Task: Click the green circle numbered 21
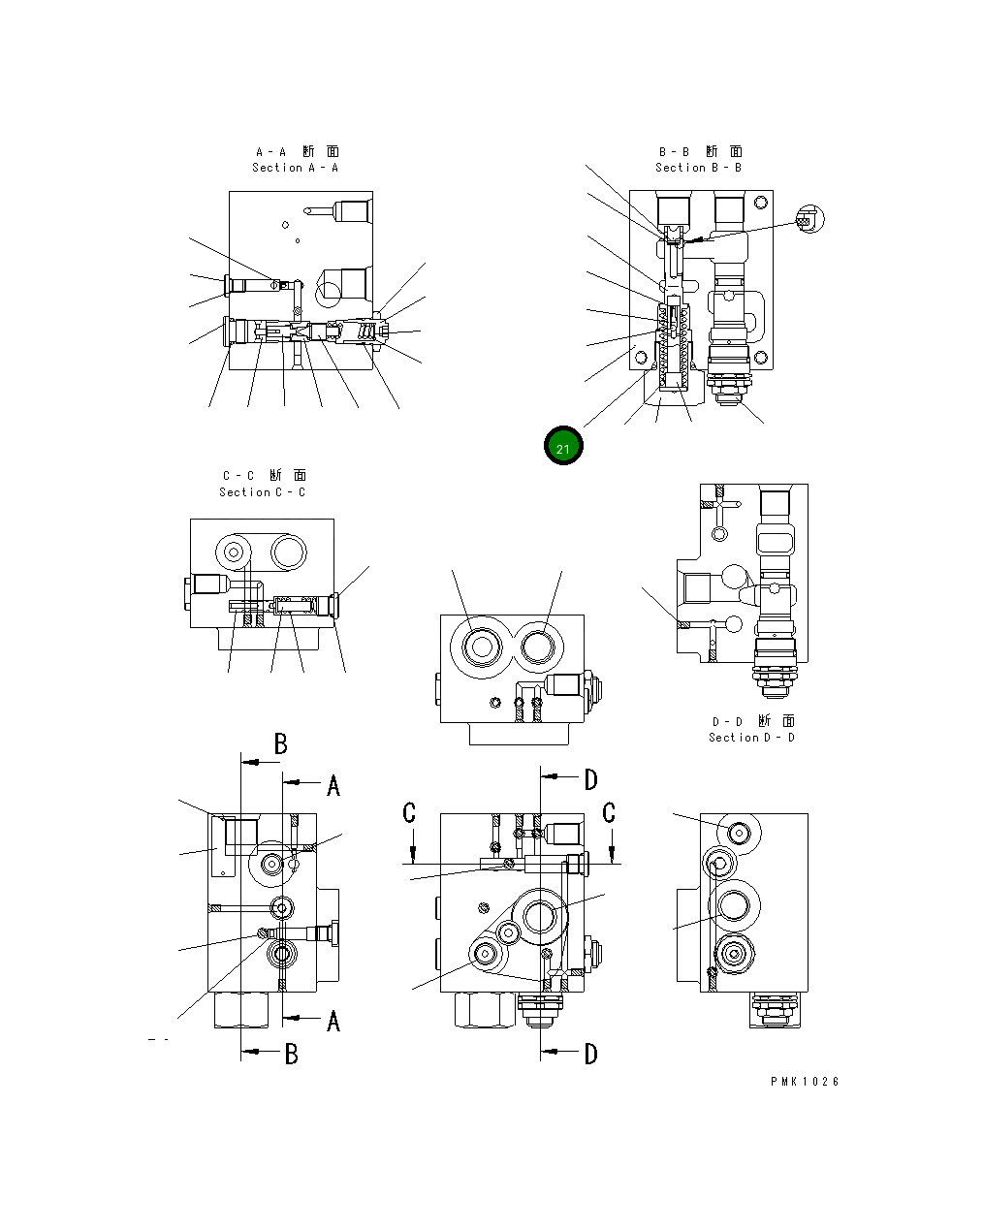[563, 447]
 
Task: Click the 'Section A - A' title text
[295, 168]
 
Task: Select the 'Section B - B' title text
[698, 168]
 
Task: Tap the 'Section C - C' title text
[262, 492]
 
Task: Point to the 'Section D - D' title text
[751, 738]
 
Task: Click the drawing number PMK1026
[805, 1082]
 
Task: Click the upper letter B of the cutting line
[281, 744]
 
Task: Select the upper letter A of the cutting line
[333, 786]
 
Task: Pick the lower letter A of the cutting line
[333, 1021]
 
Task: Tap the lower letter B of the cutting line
[291, 1055]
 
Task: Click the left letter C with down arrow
[409, 813]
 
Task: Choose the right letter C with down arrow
[609, 813]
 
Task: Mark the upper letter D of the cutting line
[590, 779]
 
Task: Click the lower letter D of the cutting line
[590, 1055]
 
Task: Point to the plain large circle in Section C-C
[289, 552]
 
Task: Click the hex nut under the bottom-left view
[239, 1010]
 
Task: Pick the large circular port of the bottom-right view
[733, 905]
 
